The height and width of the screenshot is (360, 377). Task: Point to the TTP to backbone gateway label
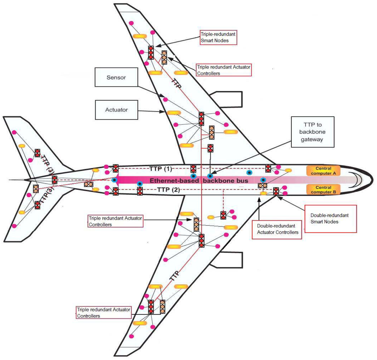coord(312,132)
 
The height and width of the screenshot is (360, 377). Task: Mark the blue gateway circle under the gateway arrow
coord(210,176)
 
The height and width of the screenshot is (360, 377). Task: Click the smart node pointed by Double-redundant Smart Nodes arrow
coord(276,191)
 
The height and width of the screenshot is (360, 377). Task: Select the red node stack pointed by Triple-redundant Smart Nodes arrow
coord(151,52)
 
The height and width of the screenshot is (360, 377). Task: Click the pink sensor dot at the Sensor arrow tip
coord(166,99)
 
